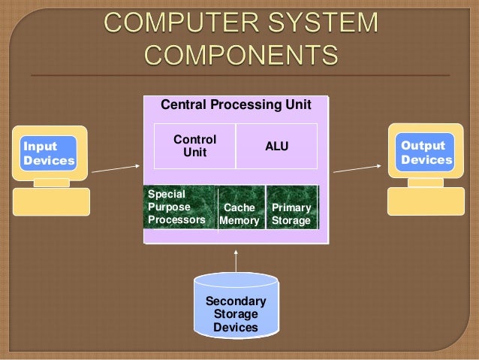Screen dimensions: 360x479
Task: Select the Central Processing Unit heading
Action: click(236, 105)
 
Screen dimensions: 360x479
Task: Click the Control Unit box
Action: click(194, 146)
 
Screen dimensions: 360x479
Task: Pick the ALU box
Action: click(276, 147)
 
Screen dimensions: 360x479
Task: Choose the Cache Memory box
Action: click(240, 213)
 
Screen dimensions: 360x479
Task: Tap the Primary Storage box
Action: click(291, 213)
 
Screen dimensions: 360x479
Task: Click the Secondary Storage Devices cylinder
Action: click(236, 308)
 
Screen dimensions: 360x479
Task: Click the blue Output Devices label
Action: click(426, 153)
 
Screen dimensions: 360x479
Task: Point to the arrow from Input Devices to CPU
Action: click(116, 167)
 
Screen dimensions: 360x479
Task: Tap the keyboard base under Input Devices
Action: click(51, 201)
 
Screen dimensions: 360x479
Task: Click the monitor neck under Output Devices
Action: click(426, 181)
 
